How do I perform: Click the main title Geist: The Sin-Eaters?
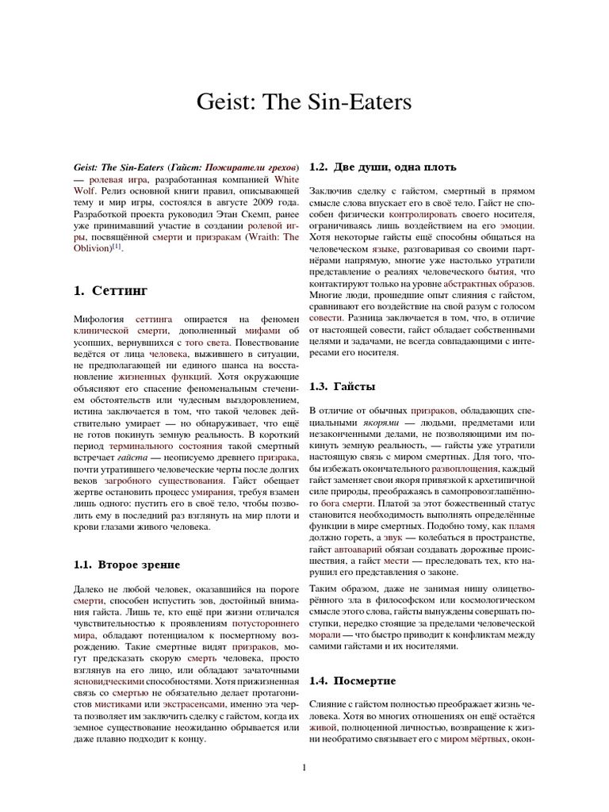304,103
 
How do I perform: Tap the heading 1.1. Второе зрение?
127,565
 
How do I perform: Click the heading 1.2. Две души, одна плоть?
381,167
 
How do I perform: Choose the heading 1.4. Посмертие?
353,680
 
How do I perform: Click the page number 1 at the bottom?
304,767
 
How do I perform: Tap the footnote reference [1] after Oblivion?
117,246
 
